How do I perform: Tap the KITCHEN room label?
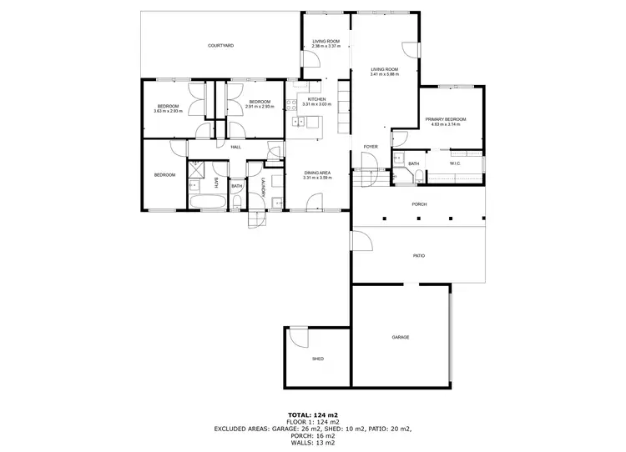pyautogui.click(x=316, y=100)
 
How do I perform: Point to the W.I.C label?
pyautogui.click(x=455, y=163)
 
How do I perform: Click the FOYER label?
pyautogui.click(x=371, y=147)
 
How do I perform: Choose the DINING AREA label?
pyautogui.click(x=317, y=173)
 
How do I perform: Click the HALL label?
pyautogui.click(x=236, y=147)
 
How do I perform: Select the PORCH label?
pyautogui.click(x=419, y=204)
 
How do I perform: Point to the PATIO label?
pyautogui.click(x=419, y=255)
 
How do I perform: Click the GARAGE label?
pyautogui.click(x=401, y=337)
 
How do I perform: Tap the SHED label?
pyautogui.click(x=318, y=359)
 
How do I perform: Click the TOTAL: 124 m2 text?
pyautogui.click(x=312, y=414)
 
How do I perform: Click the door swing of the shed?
pyautogui.click(x=296, y=337)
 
